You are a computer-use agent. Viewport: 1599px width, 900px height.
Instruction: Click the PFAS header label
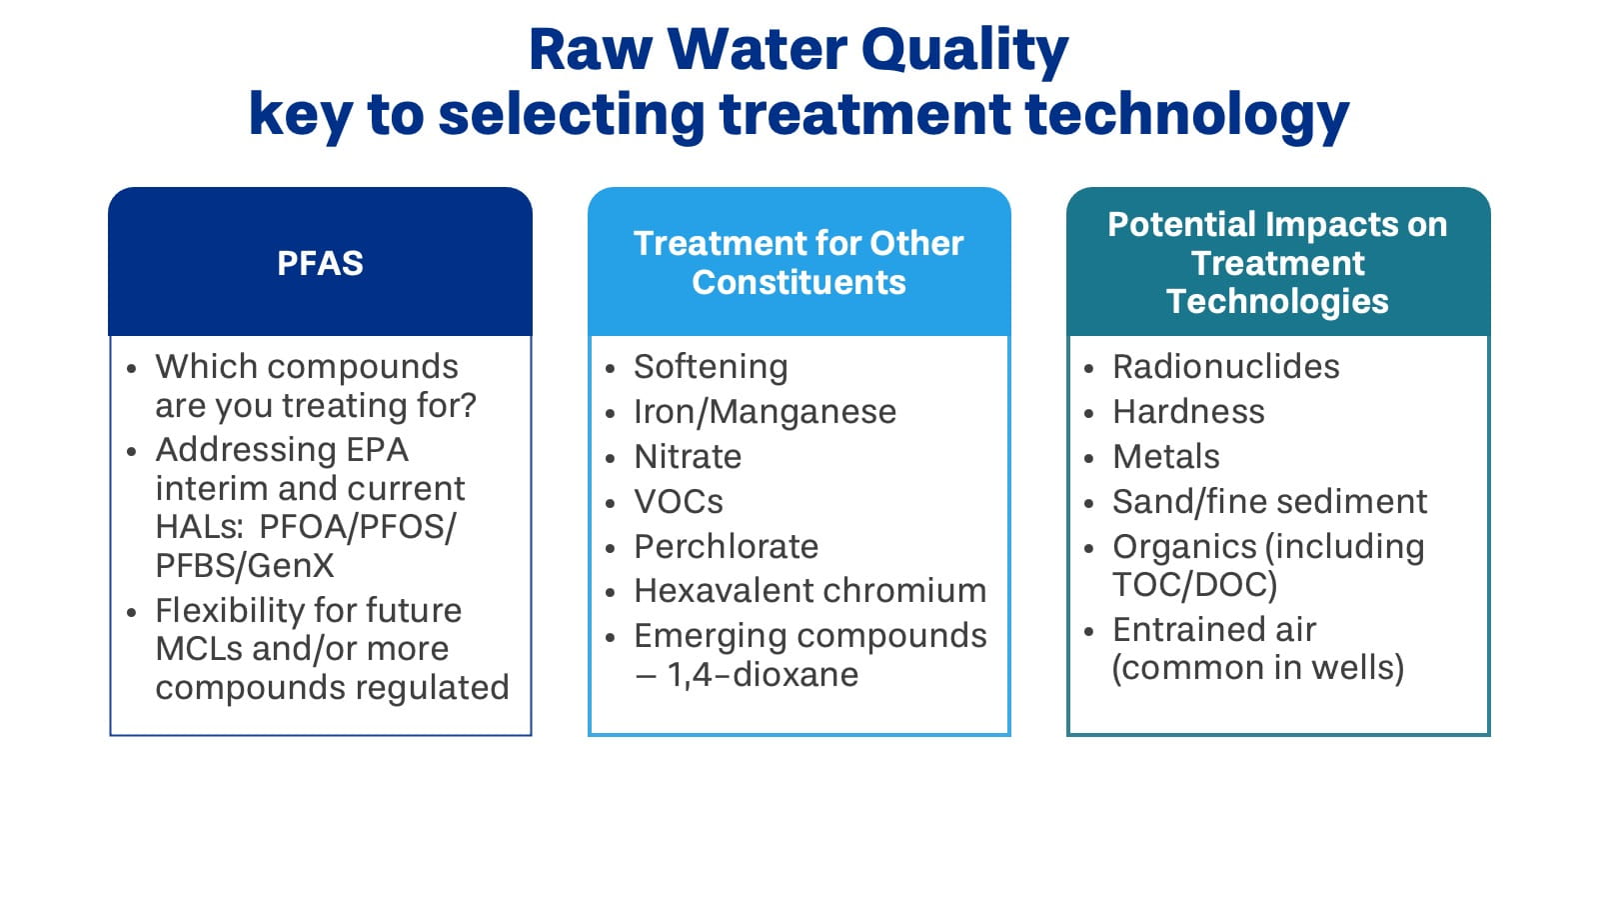[320, 263]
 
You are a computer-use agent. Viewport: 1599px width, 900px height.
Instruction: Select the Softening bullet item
[711, 367]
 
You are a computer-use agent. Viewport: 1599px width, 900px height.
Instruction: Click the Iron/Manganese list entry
[765, 412]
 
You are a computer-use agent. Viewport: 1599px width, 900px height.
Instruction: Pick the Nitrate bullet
[688, 457]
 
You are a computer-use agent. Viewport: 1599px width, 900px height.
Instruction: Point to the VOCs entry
[679, 502]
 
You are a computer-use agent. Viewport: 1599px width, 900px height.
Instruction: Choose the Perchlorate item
[726, 547]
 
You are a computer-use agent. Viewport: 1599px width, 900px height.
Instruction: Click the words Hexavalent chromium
[809, 591]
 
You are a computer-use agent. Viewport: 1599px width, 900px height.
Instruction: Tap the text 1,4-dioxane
[763, 675]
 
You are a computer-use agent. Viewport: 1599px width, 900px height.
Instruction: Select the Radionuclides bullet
[1225, 367]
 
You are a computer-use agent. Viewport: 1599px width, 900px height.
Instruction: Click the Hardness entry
[1188, 412]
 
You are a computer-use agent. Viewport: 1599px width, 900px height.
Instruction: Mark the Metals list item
[1165, 457]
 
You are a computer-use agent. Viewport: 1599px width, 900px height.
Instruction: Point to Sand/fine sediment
[1269, 502]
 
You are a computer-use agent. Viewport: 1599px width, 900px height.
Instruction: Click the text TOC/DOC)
[1194, 585]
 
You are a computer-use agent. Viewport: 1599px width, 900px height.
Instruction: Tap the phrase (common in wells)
[1257, 668]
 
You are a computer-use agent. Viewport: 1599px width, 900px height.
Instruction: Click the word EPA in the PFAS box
[377, 450]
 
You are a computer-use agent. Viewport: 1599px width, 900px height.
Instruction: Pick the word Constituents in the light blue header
[799, 283]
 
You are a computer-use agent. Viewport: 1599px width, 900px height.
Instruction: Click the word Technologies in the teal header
[1277, 301]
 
